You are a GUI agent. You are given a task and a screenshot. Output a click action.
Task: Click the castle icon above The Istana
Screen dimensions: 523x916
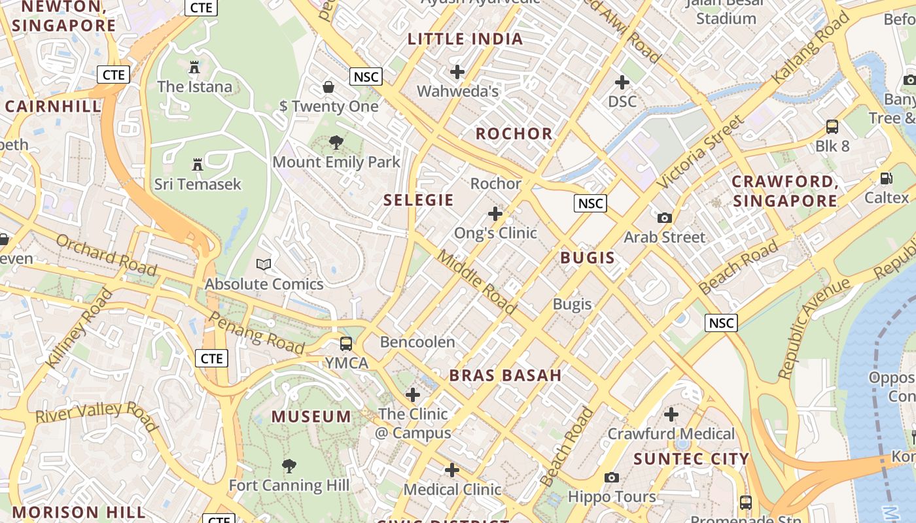coord(194,67)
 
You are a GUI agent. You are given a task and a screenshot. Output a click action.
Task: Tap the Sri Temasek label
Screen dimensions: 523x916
coord(198,184)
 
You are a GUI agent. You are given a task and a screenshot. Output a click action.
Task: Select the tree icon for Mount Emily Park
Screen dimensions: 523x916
coord(336,143)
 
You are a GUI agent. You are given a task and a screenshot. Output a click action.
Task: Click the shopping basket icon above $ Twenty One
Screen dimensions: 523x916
coord(328,87)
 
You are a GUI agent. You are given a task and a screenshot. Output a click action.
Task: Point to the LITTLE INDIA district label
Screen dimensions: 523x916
coord(465,39)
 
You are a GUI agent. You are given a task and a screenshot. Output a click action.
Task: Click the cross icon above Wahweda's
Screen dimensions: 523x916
coord(457,72)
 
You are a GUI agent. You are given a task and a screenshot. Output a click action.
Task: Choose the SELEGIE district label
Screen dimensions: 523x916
coord(419,200)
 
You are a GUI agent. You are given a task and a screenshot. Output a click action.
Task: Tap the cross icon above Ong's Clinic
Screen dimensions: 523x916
coord(495,214)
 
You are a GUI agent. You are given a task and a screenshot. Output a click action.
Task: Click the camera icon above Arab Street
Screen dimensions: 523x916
coord(665,218)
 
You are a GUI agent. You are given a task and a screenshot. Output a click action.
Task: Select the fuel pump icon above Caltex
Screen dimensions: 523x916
coord(887,178)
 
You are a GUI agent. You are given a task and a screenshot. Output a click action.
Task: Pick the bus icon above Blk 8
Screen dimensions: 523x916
coord(832,127)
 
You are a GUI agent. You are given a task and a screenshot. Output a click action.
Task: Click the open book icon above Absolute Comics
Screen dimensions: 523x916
coord(264,265)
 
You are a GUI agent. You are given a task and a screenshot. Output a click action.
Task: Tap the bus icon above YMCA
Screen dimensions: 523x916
coord(346,344)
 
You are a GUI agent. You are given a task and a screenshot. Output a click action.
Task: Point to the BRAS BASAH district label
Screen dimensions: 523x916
coord(505,375)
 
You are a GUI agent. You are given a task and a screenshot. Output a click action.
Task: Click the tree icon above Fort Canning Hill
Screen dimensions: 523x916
coord(289,466)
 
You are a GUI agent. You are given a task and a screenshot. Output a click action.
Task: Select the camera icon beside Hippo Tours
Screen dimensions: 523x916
coord(612,478)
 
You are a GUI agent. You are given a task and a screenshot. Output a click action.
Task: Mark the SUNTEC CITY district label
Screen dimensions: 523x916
coord(691,459)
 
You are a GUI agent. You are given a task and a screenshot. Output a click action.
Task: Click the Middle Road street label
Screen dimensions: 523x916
coord(476,281)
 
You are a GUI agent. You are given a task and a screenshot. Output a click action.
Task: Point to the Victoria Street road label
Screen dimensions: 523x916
coord(700,152)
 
